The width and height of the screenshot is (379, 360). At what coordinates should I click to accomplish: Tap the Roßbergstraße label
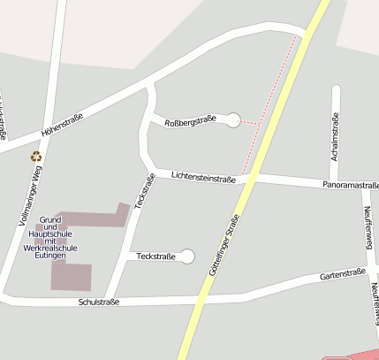[190, 120]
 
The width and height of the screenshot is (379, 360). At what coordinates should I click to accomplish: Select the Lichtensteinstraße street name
[203, 178]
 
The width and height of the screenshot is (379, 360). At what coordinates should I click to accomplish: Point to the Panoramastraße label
[351, 186]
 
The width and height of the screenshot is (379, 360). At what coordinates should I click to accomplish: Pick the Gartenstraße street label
[342, 275]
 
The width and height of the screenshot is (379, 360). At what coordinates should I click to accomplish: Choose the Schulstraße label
[99, 302]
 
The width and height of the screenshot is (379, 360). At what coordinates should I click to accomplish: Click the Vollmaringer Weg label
[31, 197]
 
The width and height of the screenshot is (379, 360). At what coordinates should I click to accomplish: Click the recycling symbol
[36, 157]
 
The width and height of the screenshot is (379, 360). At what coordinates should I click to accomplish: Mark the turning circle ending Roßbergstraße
[233, 119]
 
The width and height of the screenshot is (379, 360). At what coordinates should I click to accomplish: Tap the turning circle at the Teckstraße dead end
[186, 257]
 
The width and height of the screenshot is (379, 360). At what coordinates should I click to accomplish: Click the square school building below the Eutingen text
[71, 277]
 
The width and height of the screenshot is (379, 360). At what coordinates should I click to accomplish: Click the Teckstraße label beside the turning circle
[156, 257]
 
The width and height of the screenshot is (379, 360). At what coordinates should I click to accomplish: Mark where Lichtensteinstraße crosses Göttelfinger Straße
[251, 179]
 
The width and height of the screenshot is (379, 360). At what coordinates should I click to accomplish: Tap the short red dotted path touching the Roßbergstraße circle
[254, 121]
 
